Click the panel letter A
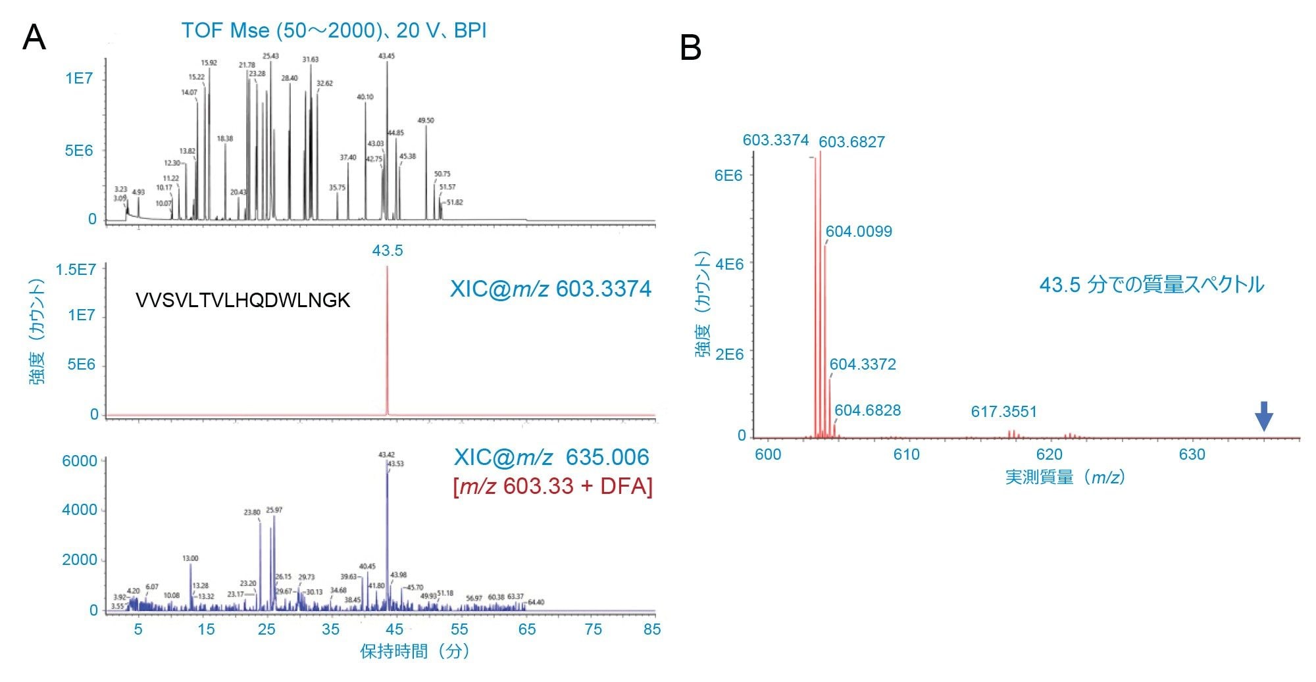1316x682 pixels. coord(34,37)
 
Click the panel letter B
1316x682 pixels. coord(690,48)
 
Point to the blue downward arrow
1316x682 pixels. coord(1263,416)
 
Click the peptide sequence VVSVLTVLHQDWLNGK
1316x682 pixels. coord(242,301)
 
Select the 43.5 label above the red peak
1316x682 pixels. coord(387,251)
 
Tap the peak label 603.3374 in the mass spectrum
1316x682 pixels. coord(775,140)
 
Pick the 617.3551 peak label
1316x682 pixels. coord(1003,412)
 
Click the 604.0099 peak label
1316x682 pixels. coord(859,231)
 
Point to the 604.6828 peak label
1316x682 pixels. coord(867,410)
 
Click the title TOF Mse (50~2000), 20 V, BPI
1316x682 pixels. coord(334,30)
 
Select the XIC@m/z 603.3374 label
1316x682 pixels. coord(550,289)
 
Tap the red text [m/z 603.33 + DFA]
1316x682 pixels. coord(553,486)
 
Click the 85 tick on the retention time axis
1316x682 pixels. coord(651,629)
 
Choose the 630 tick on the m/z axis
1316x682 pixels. coord(1192,454)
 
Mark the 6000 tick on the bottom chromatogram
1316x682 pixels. coord(79,461)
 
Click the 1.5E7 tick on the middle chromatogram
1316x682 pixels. coord(76,270)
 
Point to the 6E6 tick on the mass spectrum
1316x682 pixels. coord(728,175)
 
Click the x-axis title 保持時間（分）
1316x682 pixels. coord(415,652)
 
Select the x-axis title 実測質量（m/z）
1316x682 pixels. coord(1065,477)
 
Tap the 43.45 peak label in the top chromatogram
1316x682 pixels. coord(386,57)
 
